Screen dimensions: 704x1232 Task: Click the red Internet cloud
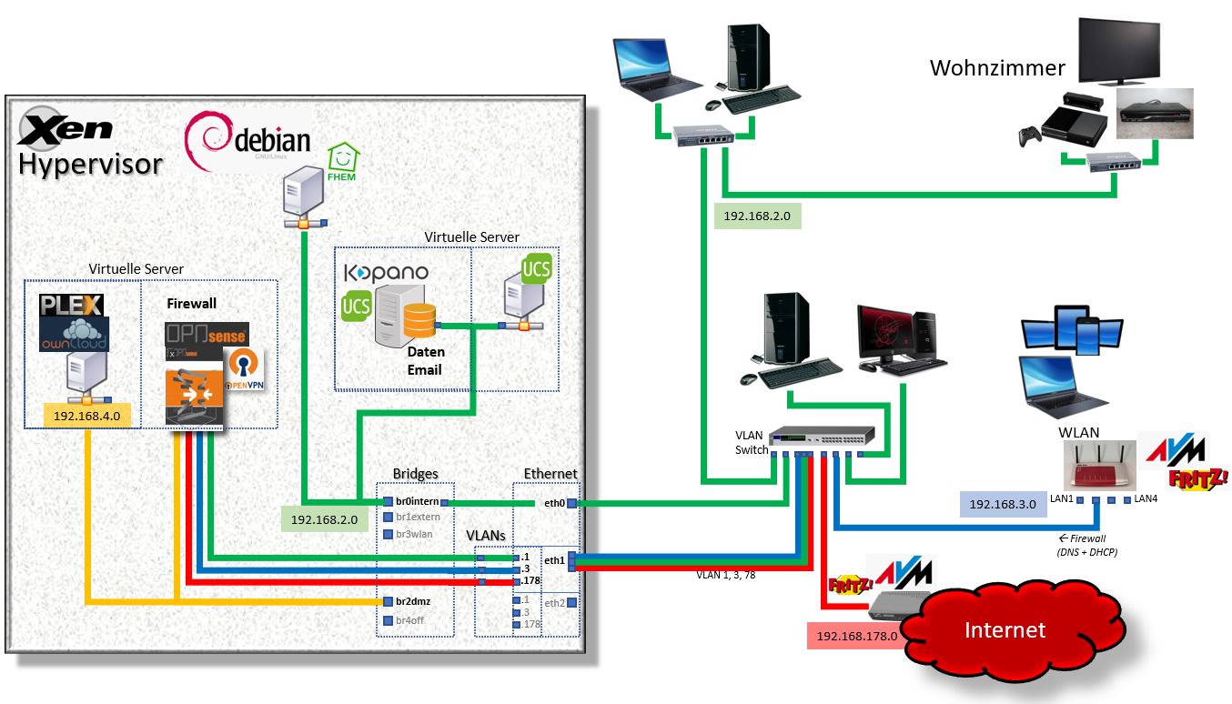[x=1005, y=629]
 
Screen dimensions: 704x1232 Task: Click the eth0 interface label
[x=554, y=502]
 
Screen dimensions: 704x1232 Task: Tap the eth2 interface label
[x=554, y=602]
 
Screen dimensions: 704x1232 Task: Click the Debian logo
[x=247, y=143]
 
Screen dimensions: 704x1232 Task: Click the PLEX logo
[x=72, y=305]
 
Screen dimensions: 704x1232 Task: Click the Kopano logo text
[x=386, y=272]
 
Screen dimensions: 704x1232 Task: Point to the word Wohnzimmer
[x=996, y=68]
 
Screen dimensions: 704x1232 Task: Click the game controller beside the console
[x=1027, y=137]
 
